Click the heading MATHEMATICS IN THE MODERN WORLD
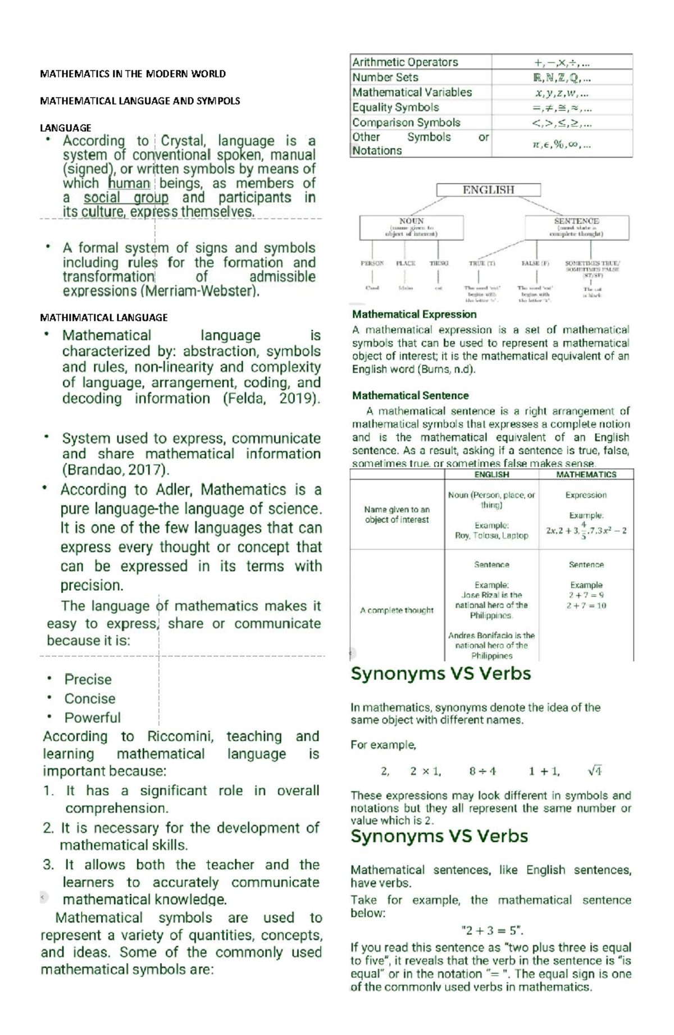(x=133, y=74)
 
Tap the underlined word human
(x=129, y=184)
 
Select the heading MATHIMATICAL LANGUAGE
(x=104, y=317)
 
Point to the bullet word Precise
(x=88, y=680)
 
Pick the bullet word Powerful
(x=92, y=718)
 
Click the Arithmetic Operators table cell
(x=405, y=62)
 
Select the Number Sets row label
(x=385, y=77)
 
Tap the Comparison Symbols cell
(x=406, y=122)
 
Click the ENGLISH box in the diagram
(x=488, y=190)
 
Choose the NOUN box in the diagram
(x=411, y=227)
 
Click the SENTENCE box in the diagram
(x=576, y=227)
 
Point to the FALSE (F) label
(x=535, y=263)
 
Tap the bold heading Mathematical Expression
(x=414, y=314)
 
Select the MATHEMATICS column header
(x=586, y=475)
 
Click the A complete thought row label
(x=397, y=610)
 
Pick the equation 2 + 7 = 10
(x=586, y=606)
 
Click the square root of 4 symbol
(x=594, y=771)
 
